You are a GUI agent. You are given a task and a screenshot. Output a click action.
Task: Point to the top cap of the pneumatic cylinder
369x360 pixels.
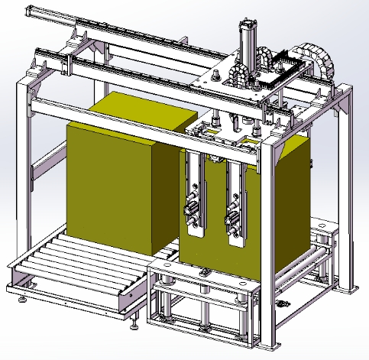[x=248, y=23]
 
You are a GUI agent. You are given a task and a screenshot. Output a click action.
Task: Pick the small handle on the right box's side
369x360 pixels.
[x=311, y=163]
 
